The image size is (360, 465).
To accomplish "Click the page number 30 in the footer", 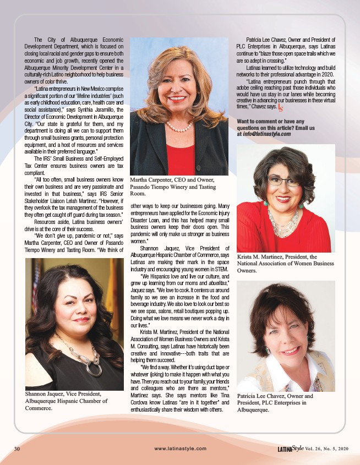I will pyautogui.click(x=17, y=449).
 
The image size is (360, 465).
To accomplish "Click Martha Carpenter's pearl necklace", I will pyautogui.click(x=179, y=127).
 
